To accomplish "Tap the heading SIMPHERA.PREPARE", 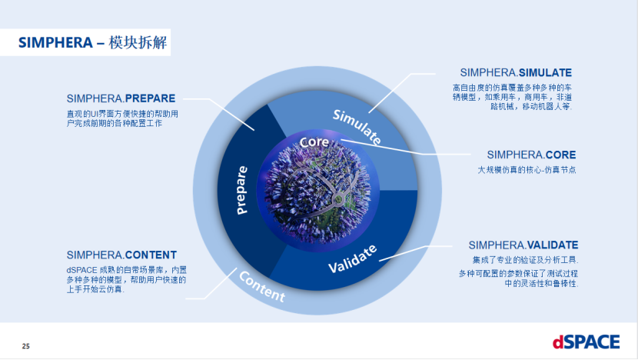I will point(121,98).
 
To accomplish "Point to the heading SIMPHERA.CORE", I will point(531,155).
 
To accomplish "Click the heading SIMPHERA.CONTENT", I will point(121,255).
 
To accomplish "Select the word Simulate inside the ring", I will point(357,126).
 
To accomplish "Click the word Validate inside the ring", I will point(353,258).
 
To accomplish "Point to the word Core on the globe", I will point(314,143).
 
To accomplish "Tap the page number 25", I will point(25,345).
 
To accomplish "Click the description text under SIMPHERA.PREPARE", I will point(123,118).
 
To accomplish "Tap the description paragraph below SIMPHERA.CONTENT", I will point(125,279).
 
